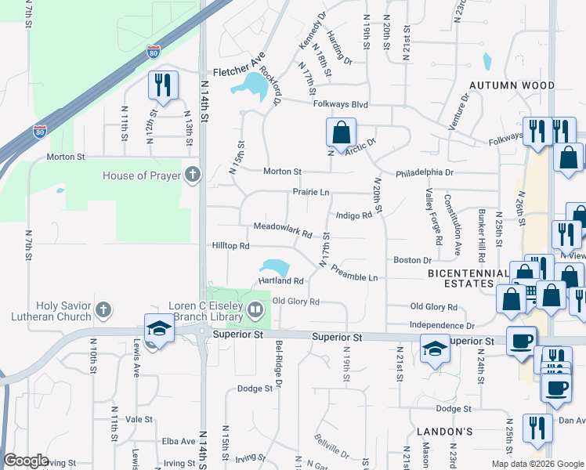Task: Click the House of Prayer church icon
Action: [193, 175]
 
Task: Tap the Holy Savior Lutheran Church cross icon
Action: [103, 309]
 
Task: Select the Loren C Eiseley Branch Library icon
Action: [255, 311]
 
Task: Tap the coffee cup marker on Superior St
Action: [522, 342]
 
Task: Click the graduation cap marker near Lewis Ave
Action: [158, 329]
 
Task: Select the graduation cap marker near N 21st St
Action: [435, 348]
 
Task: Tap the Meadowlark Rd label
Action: [283, 233]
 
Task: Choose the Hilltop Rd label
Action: [230, 245]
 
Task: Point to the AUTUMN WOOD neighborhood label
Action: [512, 85]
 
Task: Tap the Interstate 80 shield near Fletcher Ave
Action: [153, 53]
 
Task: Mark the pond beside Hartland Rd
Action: [274, 267]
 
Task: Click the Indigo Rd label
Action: [353, 215]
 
